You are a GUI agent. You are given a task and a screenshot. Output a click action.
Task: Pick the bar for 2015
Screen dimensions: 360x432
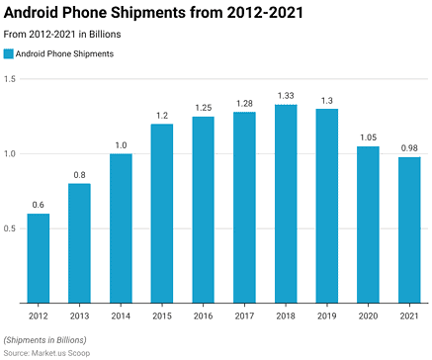162,214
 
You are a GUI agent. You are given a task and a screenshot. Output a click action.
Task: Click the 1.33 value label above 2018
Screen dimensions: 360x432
286,95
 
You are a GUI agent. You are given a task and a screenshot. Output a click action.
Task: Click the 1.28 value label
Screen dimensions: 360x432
244,102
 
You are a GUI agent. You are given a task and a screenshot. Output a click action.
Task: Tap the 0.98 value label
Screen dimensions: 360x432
409,147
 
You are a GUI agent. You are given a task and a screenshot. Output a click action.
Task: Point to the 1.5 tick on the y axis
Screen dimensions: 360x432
10,79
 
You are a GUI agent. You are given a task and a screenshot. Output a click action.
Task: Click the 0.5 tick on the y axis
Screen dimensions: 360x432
10,228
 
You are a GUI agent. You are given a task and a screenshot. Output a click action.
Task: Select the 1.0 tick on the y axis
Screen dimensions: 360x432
10,154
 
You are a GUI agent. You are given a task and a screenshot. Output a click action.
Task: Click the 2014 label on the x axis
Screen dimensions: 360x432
121,315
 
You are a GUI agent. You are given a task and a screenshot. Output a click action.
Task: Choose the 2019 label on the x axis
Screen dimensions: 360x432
327,315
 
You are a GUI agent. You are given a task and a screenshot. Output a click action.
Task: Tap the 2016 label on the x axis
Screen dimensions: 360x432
204,315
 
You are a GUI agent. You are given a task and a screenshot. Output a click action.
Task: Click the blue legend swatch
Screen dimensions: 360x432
9,54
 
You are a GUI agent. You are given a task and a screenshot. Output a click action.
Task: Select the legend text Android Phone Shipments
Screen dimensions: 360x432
65,54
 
